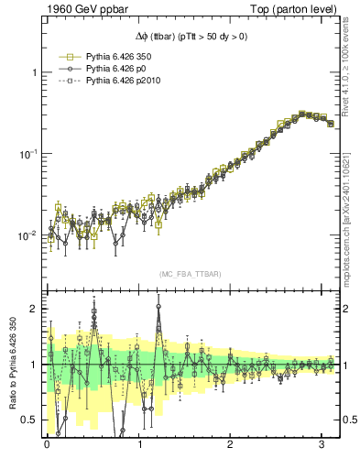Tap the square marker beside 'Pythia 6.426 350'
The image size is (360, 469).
click(x=67, y=55)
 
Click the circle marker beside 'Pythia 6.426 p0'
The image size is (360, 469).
click(x=67, y=68)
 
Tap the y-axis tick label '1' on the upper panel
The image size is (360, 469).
click(x=34, y=72)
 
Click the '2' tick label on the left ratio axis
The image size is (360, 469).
click(x=34, y=309)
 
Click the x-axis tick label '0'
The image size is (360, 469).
click(x=47, y=444)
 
